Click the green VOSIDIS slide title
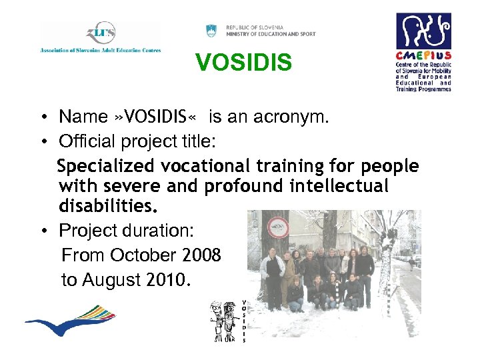[243, 63]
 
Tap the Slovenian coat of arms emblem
[211, 31]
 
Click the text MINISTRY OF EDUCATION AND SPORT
[271, 34]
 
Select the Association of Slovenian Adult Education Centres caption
[100, 50]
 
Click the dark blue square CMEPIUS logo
[423, 31]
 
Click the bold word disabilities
[109, 205]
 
